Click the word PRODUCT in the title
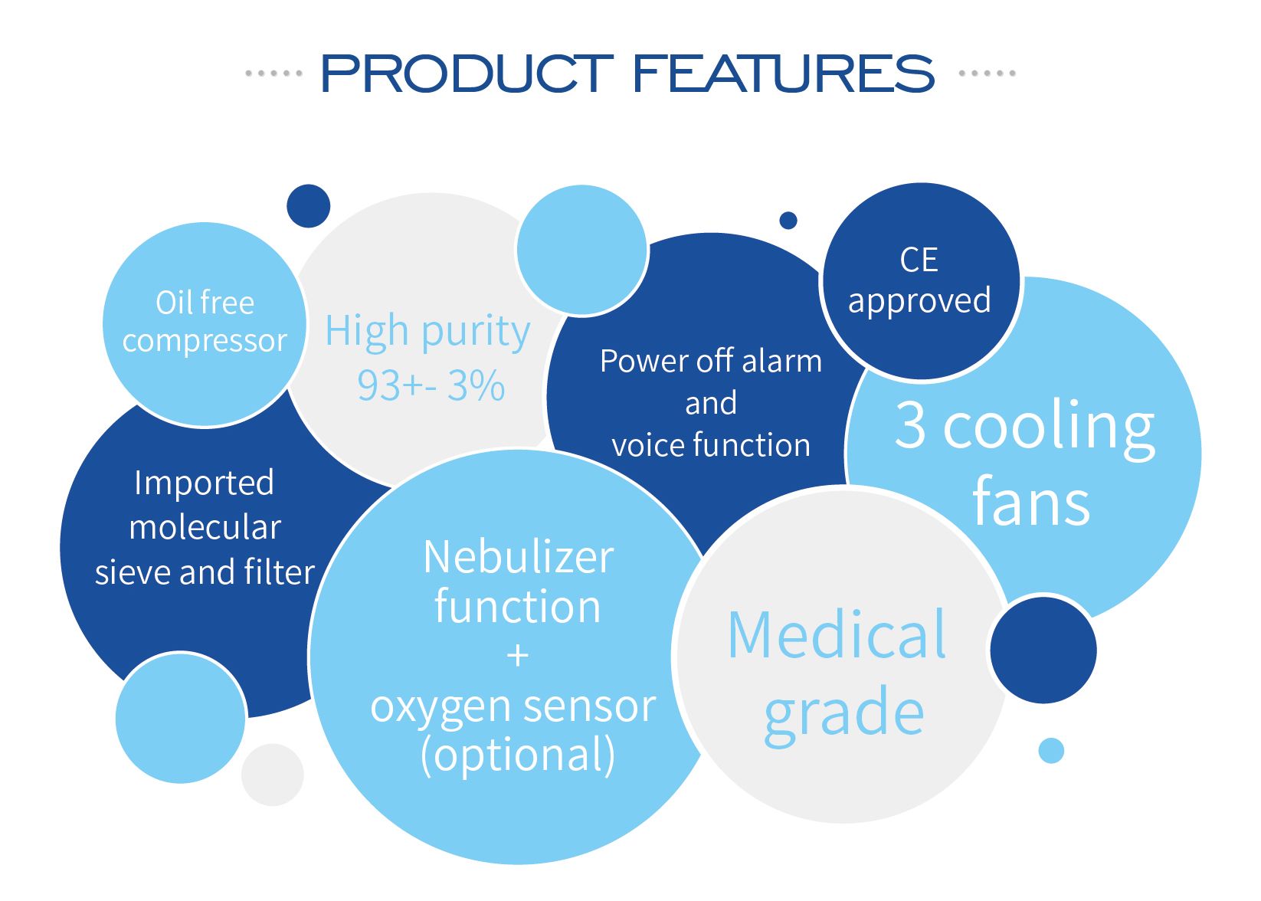(467, 74)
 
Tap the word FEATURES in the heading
(784, 74)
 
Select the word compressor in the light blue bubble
(205, 342)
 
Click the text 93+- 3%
(431, 385)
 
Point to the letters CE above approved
(919, 260)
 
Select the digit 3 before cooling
(909, 425)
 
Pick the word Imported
(204, 484)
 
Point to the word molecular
(205, 528)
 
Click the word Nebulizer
(519, 557)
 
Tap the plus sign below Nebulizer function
(517, 656)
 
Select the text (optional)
(518, 755)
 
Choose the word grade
(843, 713)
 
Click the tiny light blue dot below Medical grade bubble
(1051, 751)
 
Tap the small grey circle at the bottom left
(273, 775)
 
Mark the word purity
(476, 333)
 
